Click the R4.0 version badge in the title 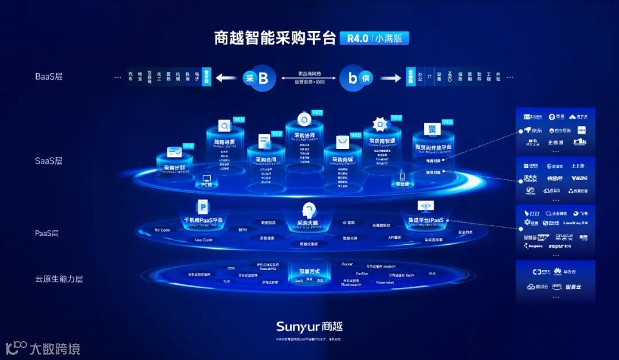tap(355, 38)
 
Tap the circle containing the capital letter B tap(263, 78)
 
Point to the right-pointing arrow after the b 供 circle tap(390, 78)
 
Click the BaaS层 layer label tap(49, 76)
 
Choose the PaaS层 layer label tap(47, 233)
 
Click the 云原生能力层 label tap(59, 279)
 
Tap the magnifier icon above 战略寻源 tap(224, 126)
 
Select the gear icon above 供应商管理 tap(380, 124)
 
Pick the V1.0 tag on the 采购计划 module tap(189, 146)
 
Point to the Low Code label tap(203, 240)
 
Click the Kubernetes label tap(385, 283)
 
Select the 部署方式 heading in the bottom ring tap(310, 271)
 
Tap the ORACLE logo tap(564, 236)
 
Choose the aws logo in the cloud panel tap(557, 286)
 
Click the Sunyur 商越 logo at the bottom tap(309, 327)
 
